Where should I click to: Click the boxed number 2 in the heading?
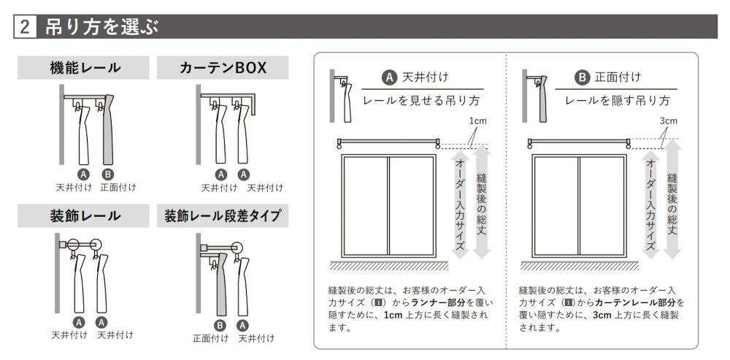coord(25,27)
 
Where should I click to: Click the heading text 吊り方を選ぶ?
coord(102,28)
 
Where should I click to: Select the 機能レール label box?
coord(83,68)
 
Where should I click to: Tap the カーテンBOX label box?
coord(223,68)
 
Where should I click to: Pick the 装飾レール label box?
coord(83,216)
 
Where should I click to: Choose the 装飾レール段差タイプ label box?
coord(223,216)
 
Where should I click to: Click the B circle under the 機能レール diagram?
coord(107,175)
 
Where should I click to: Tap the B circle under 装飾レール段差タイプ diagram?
coord(220,325)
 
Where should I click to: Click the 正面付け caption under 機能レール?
coord(118,188)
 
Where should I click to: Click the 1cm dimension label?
coord(477,121)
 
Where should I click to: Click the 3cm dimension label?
coord(669,121)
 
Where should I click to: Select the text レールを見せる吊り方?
coord(421,101)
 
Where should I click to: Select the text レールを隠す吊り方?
coord(618,101)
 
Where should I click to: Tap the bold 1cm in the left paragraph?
coord(393,315)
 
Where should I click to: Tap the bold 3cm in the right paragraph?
coord(602,315)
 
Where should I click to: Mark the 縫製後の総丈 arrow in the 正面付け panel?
coord(672,199)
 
